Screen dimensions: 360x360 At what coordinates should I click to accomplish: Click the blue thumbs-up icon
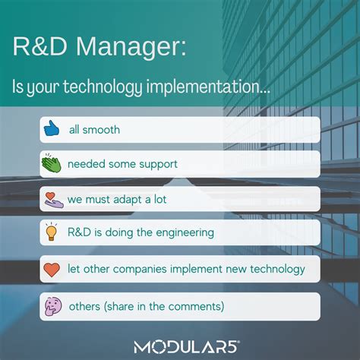[x=52, y=129]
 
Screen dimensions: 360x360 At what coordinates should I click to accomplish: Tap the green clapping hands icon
[x=52, y=164]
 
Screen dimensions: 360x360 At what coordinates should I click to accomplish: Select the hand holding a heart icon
[x=52, y=199]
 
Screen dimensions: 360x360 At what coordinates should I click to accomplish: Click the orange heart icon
[x=52, y=269]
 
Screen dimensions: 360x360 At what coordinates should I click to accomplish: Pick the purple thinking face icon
[x=52, y=306]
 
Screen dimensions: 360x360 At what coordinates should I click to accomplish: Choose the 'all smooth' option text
[x=94, y=130]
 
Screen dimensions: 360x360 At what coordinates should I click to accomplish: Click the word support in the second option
[x=161, y=164]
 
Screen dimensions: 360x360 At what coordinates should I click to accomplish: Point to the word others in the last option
[x=84, y=306]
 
